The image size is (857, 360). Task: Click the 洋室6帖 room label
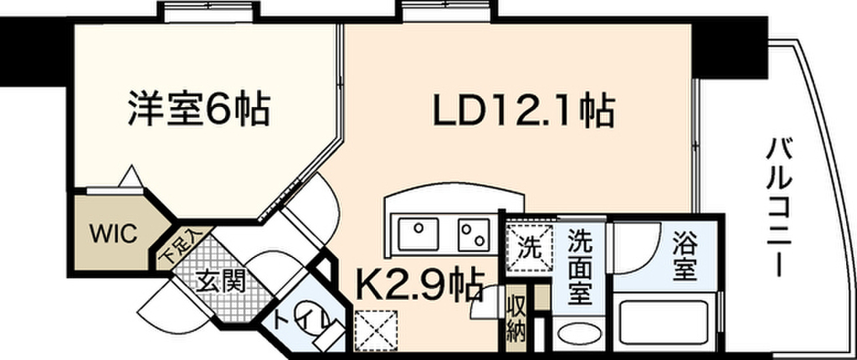(199, 110)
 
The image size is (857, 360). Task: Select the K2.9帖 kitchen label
(419, 285)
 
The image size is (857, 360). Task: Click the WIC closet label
(113, 234)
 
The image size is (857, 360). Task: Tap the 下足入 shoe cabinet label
(182, 246)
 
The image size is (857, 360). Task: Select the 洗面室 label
(581, 267)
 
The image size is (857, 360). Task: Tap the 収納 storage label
(516, 318)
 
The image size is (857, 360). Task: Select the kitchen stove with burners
(474, 234)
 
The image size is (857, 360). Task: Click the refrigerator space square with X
(376, 330)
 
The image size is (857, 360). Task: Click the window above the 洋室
(208, 12)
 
